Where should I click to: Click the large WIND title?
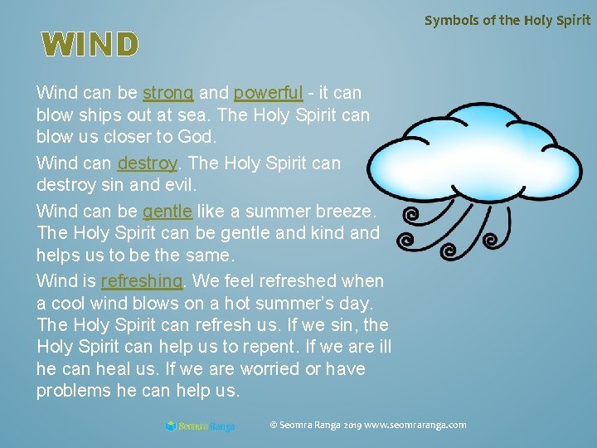click(88, 45)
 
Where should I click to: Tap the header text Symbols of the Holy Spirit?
click(507, 20)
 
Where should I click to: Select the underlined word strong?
click(168, 92)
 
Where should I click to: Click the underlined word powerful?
click(268, 92)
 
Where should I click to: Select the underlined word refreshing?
click(141, 281)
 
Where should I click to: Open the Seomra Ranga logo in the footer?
click(200, 426)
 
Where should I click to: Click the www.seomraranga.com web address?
click(415, 425)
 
